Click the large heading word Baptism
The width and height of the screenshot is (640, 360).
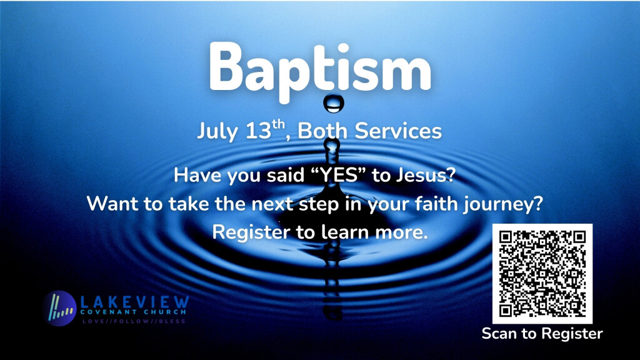click(320, 71)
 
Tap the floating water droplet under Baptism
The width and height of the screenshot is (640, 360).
click(334, 104)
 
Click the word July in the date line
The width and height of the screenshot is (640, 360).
click(217, 131)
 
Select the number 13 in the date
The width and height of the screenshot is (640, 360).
click(258, 131)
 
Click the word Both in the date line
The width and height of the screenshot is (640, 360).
click(322, 131)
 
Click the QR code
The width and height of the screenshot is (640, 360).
click(542, 274)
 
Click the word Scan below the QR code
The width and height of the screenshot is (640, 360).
click(501, 334)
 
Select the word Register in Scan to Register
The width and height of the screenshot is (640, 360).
click(572, 334)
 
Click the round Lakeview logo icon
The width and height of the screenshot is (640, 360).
click(59, 308)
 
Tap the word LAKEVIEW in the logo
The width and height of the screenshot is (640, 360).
click(135, 302)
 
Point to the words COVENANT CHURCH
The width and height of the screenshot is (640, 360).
click(133, 312)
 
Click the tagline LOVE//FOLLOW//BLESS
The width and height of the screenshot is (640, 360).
click(134, 321)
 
